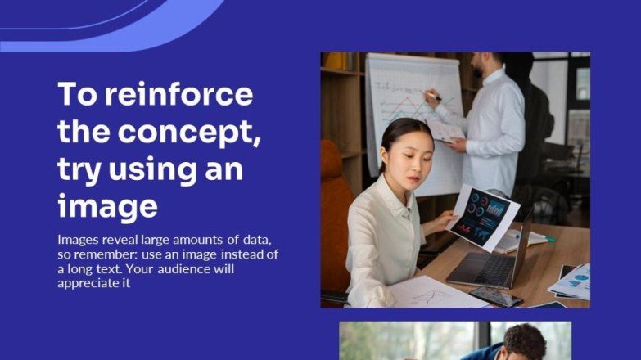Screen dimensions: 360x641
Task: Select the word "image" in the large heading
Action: pos(106,205)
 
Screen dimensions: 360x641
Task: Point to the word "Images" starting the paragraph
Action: pos(78,240)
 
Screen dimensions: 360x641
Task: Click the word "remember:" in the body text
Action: pos(105,254)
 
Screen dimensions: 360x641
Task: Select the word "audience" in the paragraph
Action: pos(213,269)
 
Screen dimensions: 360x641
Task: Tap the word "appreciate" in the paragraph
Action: pos(90,284)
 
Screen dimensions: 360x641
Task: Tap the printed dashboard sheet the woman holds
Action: pos(483,215)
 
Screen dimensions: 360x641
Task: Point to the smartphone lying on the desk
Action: pos(495,296)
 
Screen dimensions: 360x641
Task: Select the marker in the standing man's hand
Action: pos(431,97)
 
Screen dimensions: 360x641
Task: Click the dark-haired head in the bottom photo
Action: pos(524,340)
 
